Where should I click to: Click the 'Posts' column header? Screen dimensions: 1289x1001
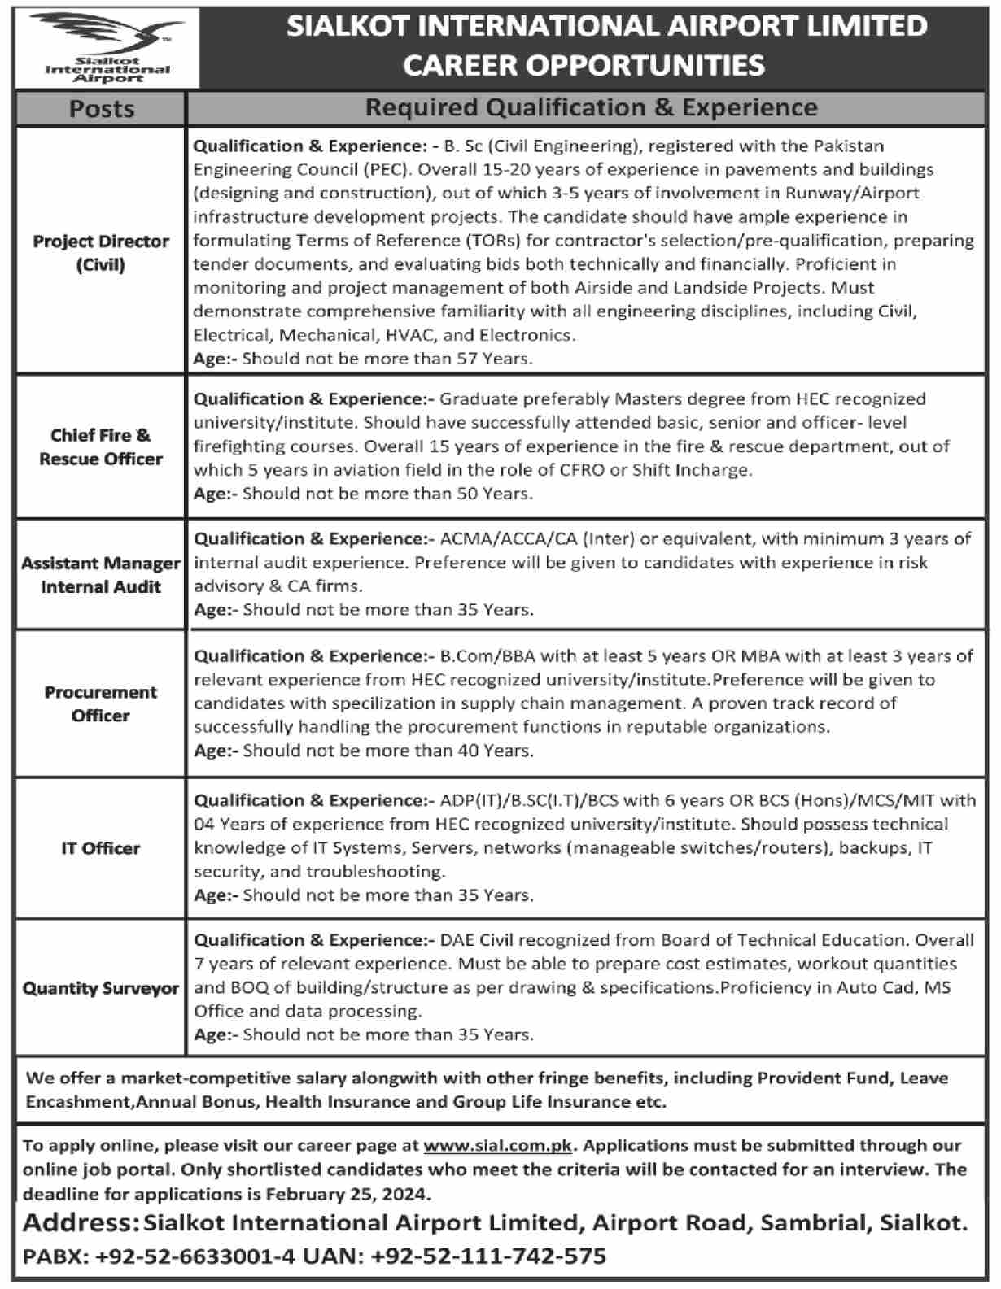click(102, 109)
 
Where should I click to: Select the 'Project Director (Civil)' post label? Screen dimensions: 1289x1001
click(101, 253)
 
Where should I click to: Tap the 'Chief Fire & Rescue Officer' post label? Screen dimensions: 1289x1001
click(101, 447)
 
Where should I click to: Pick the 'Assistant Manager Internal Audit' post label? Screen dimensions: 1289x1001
click(101, 575)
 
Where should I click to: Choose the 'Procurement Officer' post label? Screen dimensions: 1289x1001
click(101, 704)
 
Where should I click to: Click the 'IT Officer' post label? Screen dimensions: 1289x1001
click(101, 848)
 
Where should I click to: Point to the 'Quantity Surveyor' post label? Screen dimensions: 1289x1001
click(101, 989)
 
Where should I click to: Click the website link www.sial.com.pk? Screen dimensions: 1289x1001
click(498, 1146)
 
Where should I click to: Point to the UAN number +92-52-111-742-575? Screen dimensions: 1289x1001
click(488, 1256)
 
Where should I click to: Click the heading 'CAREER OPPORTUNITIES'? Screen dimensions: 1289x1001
click(584, 65)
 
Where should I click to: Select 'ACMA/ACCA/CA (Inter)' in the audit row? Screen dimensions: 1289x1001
click(531, 539)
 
